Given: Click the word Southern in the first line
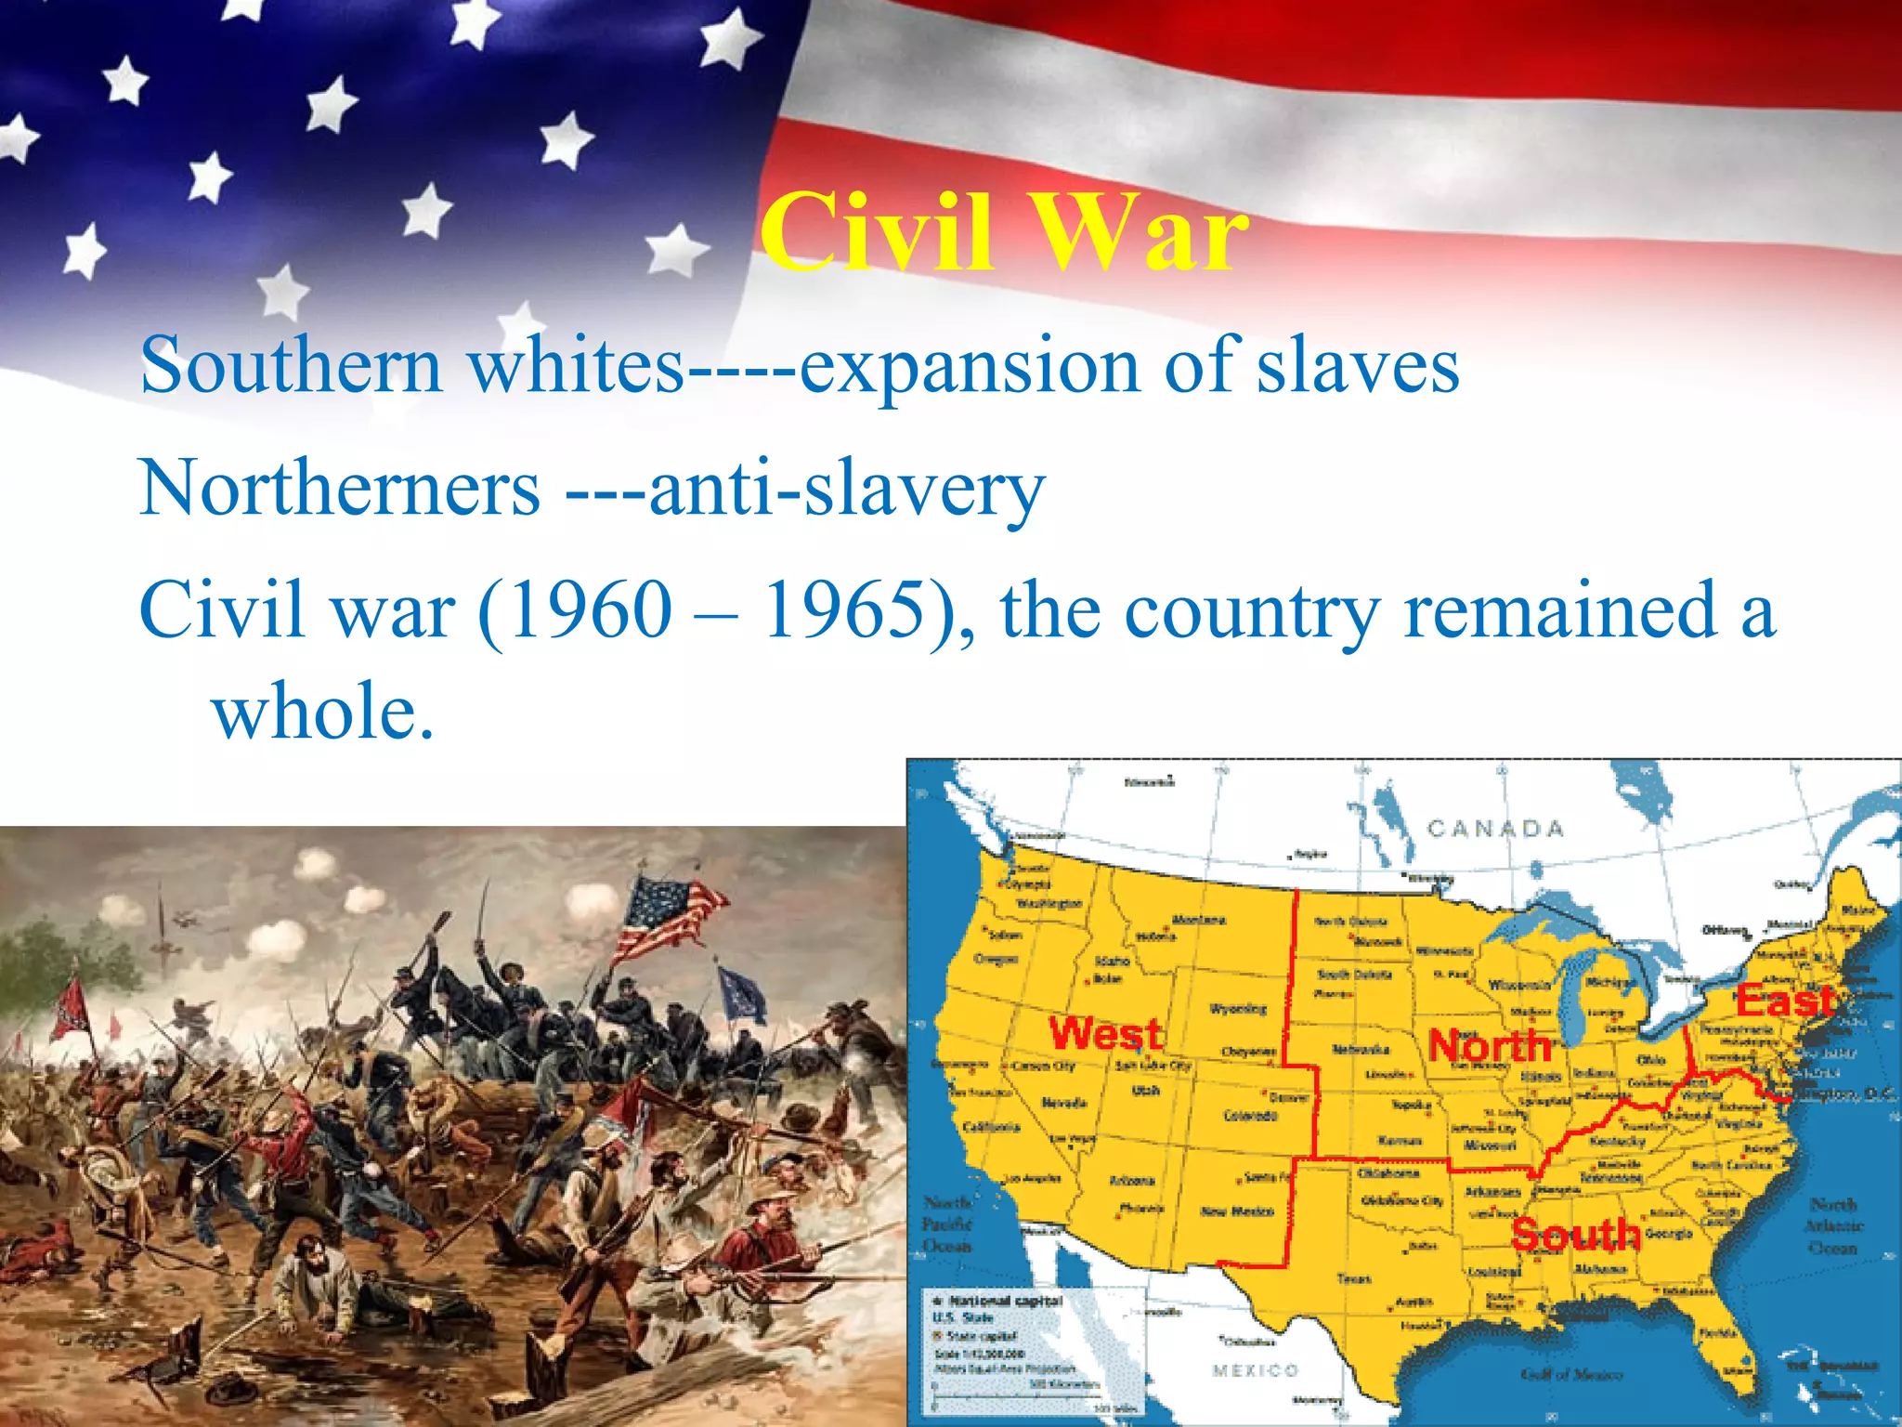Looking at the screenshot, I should pyautogui.click(x=291, y=366).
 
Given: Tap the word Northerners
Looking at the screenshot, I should pyautogui.click(x=340, y=489).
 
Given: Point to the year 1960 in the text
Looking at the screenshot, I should pyautogui.click(x=591, y=610).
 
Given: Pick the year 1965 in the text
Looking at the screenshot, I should pyautogui.click(x=845, y=610).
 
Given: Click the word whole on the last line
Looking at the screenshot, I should pyautogui.click(x=322, y=711).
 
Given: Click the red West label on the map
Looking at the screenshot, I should pyautogui.click(x=1105, y=1033).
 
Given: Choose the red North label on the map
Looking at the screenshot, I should pyautogui.click(x=1490, y=1046).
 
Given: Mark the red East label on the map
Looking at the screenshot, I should pyautogui.click(x=1785, y=1001).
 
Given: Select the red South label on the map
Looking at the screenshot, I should pyautogui.click(x=1575, y=1234).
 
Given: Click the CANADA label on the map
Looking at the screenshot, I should pyautogui.click(x=1495, y=828).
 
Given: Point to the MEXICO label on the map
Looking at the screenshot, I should pyautogui.click(x=1255, y=1370).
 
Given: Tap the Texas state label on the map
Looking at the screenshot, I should pyautogui.click(x=1354, y=1278).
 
